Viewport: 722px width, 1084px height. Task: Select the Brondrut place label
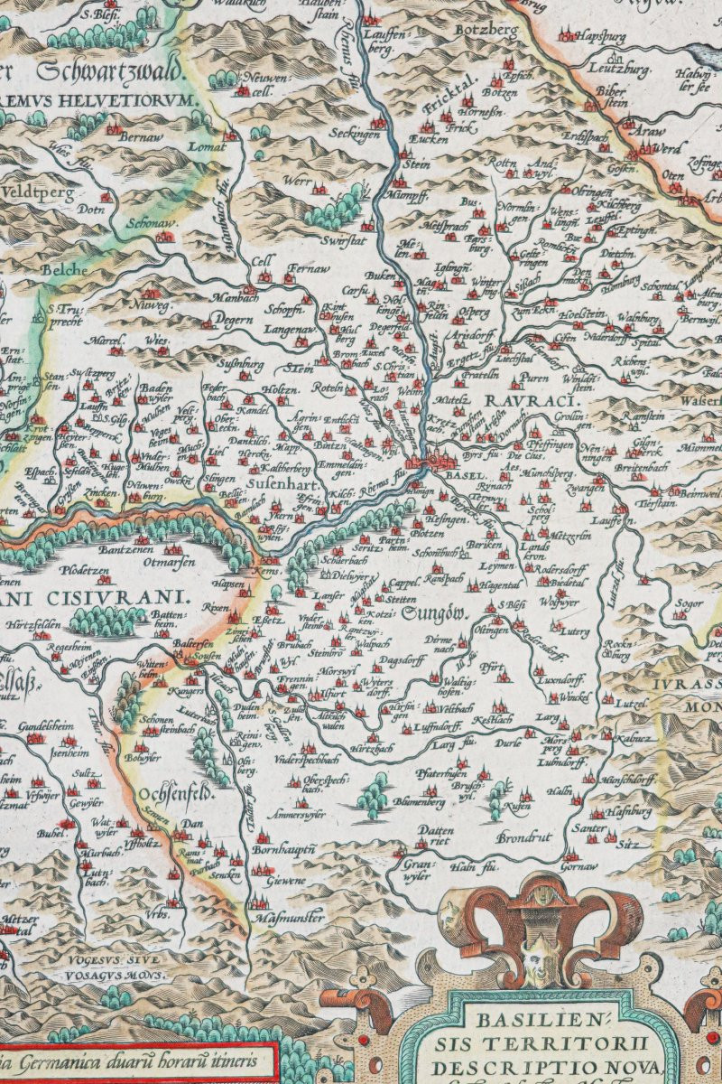click(523, 837)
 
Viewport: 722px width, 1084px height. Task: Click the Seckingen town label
click(354, 134)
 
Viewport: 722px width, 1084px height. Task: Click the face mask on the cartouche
click(540, 948)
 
